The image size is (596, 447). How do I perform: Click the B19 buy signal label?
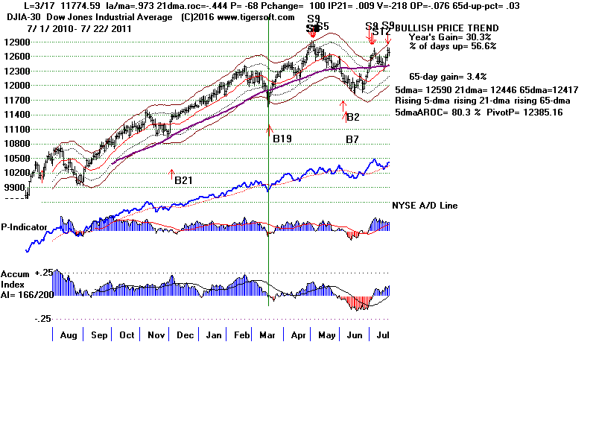pyautogui.click(x=282, y=139)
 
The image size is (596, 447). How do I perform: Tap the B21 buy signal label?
pyautogui.click(x=183, y=180)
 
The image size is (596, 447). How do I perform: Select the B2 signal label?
pyautogui.click(x=353, y=118)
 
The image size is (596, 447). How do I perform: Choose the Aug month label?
pyautogui.click(x=69, y=335)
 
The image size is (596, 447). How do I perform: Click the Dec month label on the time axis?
pyautogui.click(x=186, y=335)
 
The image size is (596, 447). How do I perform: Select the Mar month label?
pyautogui.click(x=268, y=335)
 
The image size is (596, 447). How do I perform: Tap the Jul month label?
pyautogui.click(x=383, y=335)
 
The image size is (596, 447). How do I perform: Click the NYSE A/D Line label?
pyautogui.click(x=425, y=206)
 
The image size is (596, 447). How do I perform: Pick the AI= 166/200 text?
pyautogui.click(x=25, y=293)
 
